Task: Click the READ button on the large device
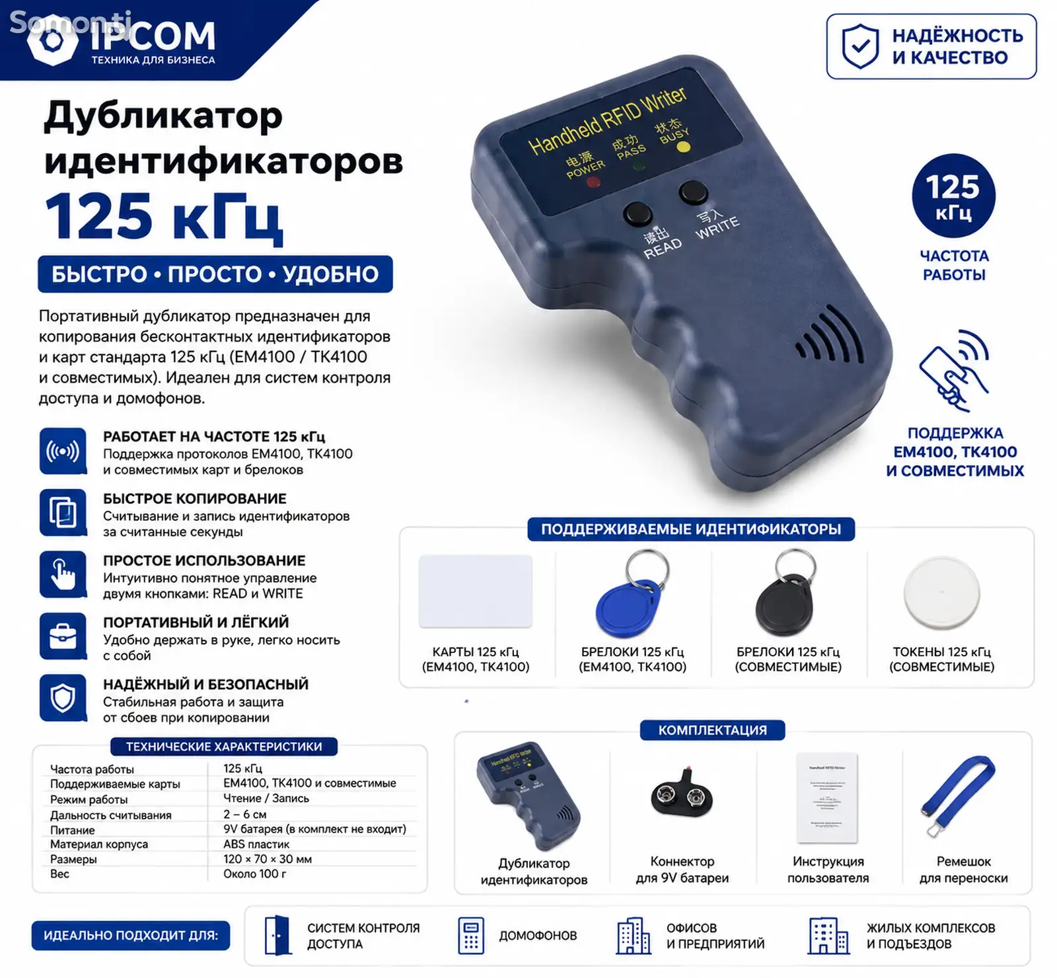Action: pyautogui.click(x=638, y=214)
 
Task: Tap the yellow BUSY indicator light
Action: pyautogui.click(x=683, y=147)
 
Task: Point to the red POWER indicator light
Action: pyautogui.click(x=593, y=180)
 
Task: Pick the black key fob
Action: pyautogui.click(x=785, y=595)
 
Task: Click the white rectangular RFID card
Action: pyautogui.click(x=476, y=591)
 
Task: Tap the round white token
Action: pyautogui.click(x=941, y=592)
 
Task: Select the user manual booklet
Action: pyautogui.click(x=827, y=798)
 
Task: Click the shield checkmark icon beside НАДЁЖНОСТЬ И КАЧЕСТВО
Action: pyautogui.click(x=860, y=46)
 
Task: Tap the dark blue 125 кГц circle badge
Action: pyautogui.click(x=953, y=196)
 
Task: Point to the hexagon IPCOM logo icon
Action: pyautogui.click(x=54, y=40)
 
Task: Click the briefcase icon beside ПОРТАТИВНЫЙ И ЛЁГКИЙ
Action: pyautogui.click(x=63, y=636)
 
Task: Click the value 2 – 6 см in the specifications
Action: pyautogui.click(x=245, y=814)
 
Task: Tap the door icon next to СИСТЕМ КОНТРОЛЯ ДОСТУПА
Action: pyautogui.click(x=277, y=935)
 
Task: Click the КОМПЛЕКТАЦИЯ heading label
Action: pyautogui.click(x=713, y=730)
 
